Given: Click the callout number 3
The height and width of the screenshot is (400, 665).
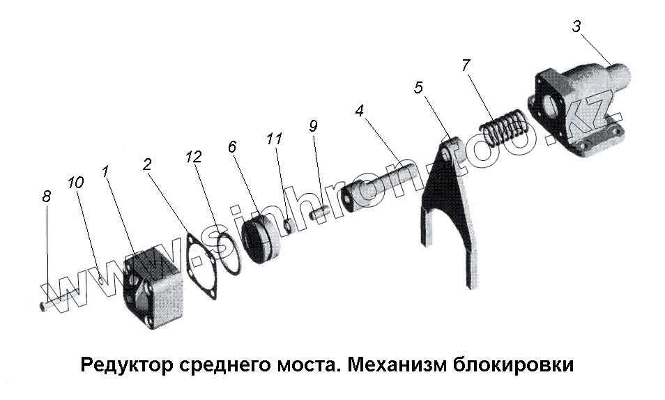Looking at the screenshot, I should (x=576, y=27).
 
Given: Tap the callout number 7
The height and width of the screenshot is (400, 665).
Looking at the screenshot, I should (x=466, y=66).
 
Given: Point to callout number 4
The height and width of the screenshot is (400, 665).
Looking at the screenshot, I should (x=360, y=111).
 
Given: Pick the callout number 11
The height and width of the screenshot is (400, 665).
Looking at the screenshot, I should (x=274, y=139).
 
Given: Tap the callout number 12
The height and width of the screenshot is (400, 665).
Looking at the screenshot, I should (x=193, y=157).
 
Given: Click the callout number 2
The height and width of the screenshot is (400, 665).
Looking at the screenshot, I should (x=147, y=164).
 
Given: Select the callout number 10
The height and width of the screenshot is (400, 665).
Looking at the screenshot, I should (x=76, y=183).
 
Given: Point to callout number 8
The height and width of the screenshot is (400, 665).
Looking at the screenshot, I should (x=47, y=197).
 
